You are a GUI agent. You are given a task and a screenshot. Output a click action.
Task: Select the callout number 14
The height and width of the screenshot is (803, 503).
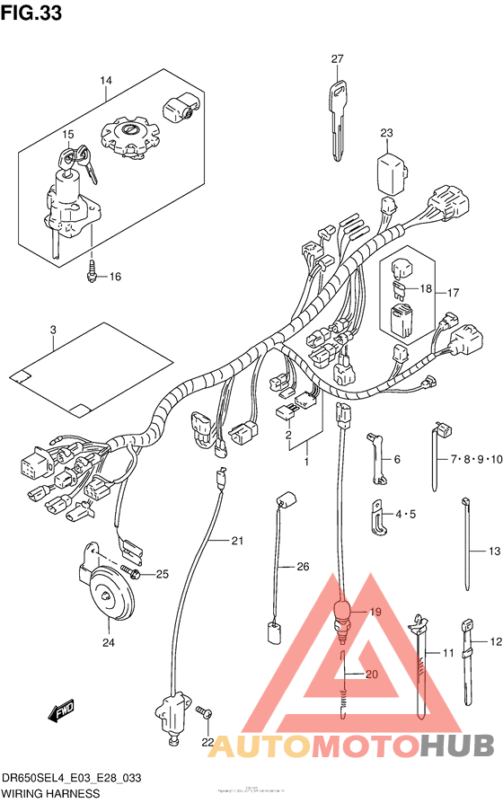[x=105, y=82]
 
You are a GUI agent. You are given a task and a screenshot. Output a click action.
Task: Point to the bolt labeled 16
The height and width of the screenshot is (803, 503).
[x=93, y=272]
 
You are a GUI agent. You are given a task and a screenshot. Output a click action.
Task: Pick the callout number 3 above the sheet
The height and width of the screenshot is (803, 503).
[x=53, y=331]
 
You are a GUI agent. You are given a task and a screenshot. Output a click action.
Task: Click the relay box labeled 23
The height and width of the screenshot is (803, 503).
[x=388, y=170]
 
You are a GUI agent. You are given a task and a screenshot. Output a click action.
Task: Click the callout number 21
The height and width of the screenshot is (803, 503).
[x=237, y=541]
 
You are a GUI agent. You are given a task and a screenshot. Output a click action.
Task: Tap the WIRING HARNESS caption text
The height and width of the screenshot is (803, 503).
[x=50, y=794]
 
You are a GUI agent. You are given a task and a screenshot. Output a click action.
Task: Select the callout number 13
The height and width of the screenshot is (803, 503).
[x=493, y=551]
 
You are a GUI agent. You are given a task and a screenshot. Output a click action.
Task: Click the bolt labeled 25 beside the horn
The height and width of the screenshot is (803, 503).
[x=131, y=572]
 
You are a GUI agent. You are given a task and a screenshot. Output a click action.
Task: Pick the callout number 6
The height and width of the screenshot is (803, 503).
[x=396, y=459]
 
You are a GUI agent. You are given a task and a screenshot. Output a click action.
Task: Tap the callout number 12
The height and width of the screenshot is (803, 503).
[x=493, y=642]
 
